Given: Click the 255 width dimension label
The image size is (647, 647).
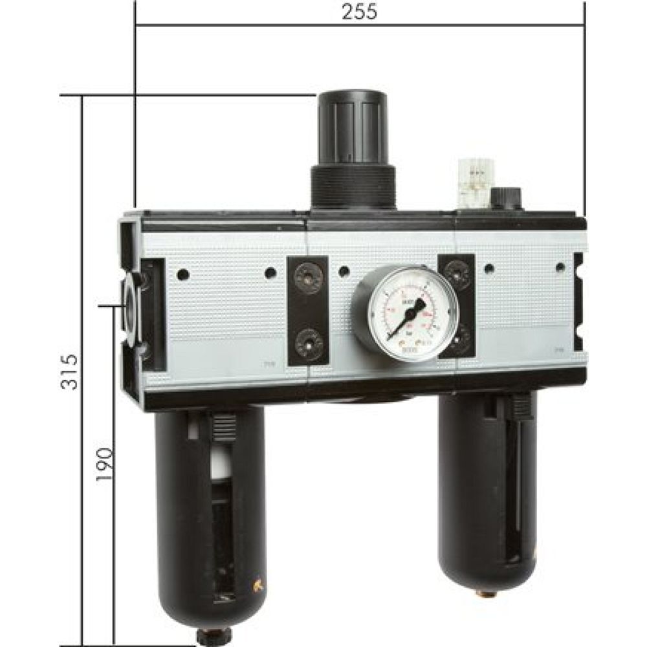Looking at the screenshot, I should [359, 13].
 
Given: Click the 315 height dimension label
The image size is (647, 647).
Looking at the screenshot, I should [72, 371].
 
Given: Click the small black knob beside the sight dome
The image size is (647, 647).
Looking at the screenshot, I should [505, 197].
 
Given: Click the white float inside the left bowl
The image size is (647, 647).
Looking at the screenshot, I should [223, 463].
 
